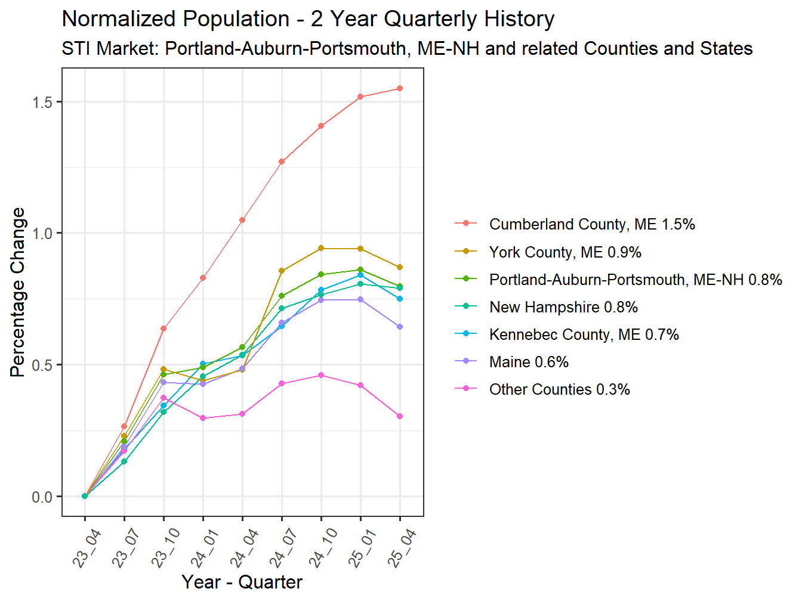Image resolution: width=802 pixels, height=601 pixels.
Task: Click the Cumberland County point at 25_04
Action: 400,88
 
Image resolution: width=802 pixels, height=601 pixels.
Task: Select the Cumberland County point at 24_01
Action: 203,278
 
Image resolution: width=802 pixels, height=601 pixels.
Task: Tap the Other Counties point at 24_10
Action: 321,375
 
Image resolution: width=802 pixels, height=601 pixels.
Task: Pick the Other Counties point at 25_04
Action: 400,416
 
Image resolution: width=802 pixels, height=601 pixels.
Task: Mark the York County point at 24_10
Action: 321,248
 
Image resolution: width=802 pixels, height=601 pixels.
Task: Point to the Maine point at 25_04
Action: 400,327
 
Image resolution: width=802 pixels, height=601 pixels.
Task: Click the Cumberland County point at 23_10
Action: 164,329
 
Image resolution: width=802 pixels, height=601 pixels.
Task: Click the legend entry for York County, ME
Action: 565,252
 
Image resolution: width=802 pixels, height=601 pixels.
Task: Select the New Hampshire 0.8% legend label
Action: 563,307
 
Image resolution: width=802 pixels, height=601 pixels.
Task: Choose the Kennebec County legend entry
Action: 584,334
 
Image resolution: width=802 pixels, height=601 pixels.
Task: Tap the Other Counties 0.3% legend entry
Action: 559,389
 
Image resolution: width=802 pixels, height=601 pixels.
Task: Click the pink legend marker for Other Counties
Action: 465,389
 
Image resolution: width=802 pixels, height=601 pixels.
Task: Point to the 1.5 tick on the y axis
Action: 43,102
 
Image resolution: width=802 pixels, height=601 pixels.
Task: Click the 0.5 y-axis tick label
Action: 43,365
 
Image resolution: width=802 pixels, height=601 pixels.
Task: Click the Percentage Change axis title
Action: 18,292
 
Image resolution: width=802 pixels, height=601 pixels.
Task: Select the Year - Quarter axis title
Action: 242,582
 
